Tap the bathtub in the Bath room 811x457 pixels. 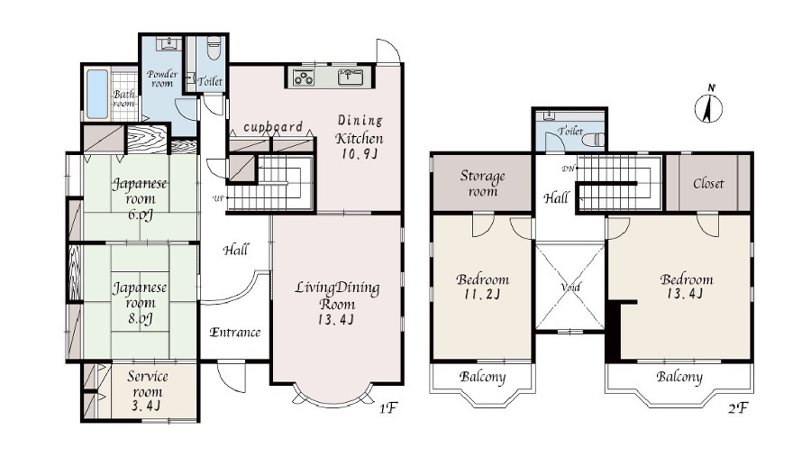97,94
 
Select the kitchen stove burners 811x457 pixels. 303,78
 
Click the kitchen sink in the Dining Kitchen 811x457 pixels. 351,77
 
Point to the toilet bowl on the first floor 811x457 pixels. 213,48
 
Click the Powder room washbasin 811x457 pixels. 167,43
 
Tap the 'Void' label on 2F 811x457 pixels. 570,288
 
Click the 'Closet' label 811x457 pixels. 708,183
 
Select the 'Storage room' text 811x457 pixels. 482,184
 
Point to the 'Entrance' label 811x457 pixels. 235,333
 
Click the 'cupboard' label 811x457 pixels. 272,127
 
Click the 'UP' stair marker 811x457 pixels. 218,198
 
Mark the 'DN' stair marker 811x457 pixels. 568,169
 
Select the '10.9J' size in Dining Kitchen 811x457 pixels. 360,154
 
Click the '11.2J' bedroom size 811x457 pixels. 483,295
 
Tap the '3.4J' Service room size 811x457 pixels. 146,407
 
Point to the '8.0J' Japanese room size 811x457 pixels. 141,318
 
